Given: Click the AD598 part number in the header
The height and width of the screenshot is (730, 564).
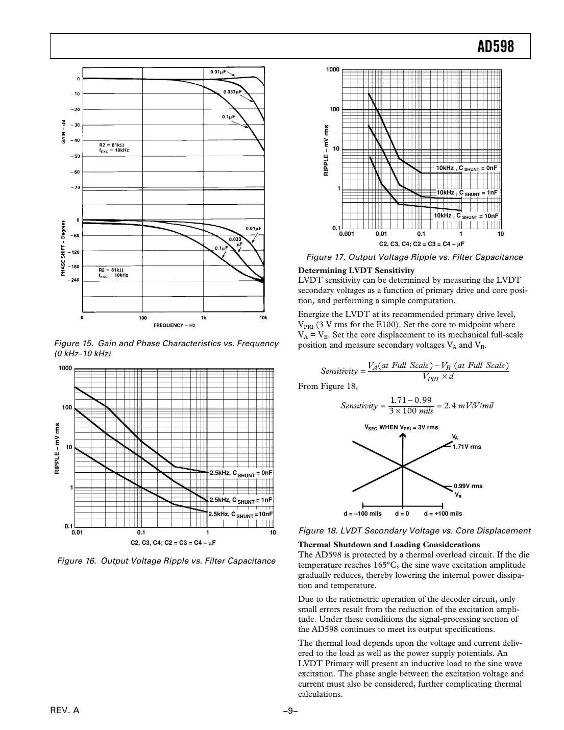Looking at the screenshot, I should [495, 47].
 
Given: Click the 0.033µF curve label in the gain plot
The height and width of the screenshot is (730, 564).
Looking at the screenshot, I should [232, 92].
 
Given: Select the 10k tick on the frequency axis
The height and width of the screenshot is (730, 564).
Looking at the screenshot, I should [263, 318].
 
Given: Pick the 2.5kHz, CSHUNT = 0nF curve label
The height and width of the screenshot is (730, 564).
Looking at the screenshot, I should [240, 473].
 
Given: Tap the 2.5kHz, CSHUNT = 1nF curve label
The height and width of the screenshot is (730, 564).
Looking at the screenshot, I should [240, 500].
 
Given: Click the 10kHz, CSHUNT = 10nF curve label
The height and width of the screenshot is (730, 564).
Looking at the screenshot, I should [465, 216].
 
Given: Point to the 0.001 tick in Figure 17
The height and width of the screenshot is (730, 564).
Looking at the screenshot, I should [347, 234].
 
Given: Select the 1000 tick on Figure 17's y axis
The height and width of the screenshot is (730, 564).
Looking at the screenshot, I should [333, 69].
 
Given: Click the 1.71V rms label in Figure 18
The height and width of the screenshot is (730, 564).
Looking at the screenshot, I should [467, 447].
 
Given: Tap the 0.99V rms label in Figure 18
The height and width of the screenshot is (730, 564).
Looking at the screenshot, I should [468, 486].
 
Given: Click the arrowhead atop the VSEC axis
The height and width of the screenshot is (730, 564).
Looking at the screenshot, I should [403, 435].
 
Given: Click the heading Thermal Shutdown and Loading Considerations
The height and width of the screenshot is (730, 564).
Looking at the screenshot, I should [388, 545].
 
